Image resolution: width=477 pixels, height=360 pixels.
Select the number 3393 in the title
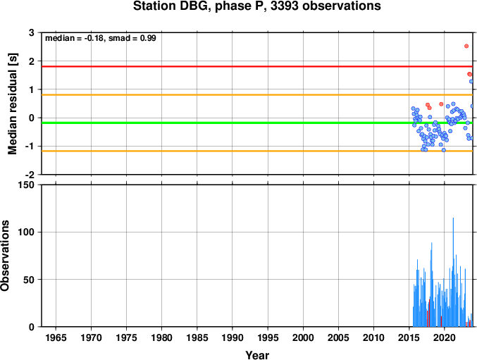coord(285,6)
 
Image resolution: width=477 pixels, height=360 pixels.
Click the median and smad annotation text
coord(100,38)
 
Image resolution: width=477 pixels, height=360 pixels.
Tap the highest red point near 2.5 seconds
coord(466,46)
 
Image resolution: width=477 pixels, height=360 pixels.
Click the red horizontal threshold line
coord(257,66)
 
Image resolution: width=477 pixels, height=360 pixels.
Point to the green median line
coord(257,123)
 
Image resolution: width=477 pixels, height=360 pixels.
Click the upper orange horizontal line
coord(257,95)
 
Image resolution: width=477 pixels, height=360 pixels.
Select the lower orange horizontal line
coord(257,151)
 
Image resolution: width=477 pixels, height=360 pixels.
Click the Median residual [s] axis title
coord(13,104)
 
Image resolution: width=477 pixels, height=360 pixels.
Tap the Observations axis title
coord(5,256)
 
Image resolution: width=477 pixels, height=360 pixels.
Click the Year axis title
coord(257,355)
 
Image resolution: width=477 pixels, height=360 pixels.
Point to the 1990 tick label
coord(233,337)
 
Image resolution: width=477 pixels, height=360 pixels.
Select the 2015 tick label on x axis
coord(409,337)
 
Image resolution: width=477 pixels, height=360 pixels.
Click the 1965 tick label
coord(56,337)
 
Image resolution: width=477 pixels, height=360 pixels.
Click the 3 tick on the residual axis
coord(32,32)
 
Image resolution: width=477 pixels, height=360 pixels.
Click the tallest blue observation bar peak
coord(453,218)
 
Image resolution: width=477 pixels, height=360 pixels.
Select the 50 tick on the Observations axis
coord(30,280)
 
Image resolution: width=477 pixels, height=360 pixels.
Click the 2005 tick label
coord(338,337)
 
